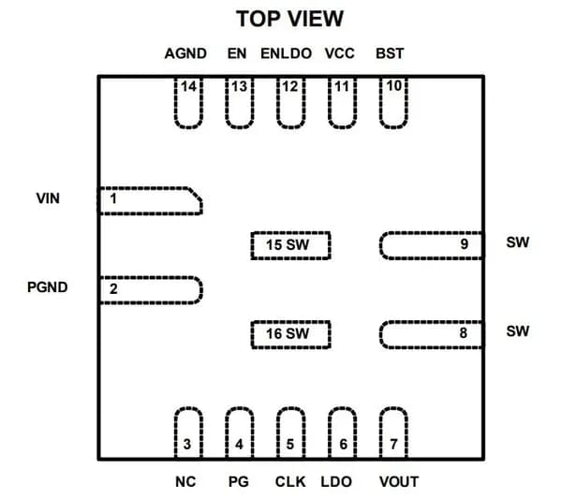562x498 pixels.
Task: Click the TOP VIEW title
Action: tap(289, 19)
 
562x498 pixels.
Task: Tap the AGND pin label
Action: tap(185, 53)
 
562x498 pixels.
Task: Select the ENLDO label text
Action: tap(286, 53)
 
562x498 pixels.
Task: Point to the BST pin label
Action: tap(390, 53)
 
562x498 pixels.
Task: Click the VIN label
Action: tap(48, 198)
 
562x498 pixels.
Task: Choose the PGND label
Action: tap(48, 287)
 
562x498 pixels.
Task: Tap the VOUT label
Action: tap(399, 482)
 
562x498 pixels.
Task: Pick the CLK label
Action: tap(290, 482)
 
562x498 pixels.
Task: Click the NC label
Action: tap(185, 482)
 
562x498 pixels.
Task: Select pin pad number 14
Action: tap(188, 103)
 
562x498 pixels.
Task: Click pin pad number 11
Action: tap(342, 103)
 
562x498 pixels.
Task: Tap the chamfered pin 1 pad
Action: tap(150, 201)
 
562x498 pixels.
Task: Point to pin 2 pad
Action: tap(151, 290)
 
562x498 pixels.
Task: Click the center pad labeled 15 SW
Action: tap(290, 245)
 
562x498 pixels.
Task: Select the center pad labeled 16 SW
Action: tap(290, 334)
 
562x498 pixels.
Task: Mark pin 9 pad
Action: tap(432, 245)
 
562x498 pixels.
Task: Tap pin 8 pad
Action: tap(432, 334)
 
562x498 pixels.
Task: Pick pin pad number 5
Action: tap(290, 432)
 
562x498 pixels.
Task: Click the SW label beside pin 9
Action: tap(518, 242)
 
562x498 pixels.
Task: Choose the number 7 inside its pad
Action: tap(393, 445)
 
